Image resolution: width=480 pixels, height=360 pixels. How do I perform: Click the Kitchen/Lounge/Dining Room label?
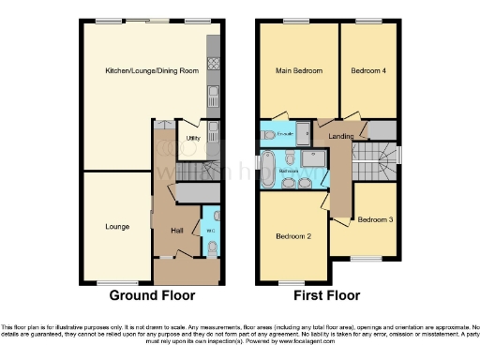(x=152, y=71)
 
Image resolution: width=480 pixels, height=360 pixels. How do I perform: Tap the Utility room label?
(x=192, y=138)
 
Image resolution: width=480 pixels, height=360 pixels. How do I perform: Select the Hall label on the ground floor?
(x=176, y=229)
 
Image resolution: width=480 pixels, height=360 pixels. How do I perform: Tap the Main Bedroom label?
(x=298, y=71)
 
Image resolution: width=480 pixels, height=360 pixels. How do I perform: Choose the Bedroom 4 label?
(x=368, y=71)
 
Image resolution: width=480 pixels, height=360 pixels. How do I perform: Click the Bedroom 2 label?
(x=292, y=236)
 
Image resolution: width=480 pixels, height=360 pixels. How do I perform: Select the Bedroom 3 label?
(x=375, y=219)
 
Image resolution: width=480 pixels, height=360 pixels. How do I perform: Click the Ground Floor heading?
(x=153, y=295)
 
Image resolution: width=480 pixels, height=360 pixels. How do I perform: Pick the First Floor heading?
(x=327, y=295)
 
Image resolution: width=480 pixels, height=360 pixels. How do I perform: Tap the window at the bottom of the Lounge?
(x=116, y=282)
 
